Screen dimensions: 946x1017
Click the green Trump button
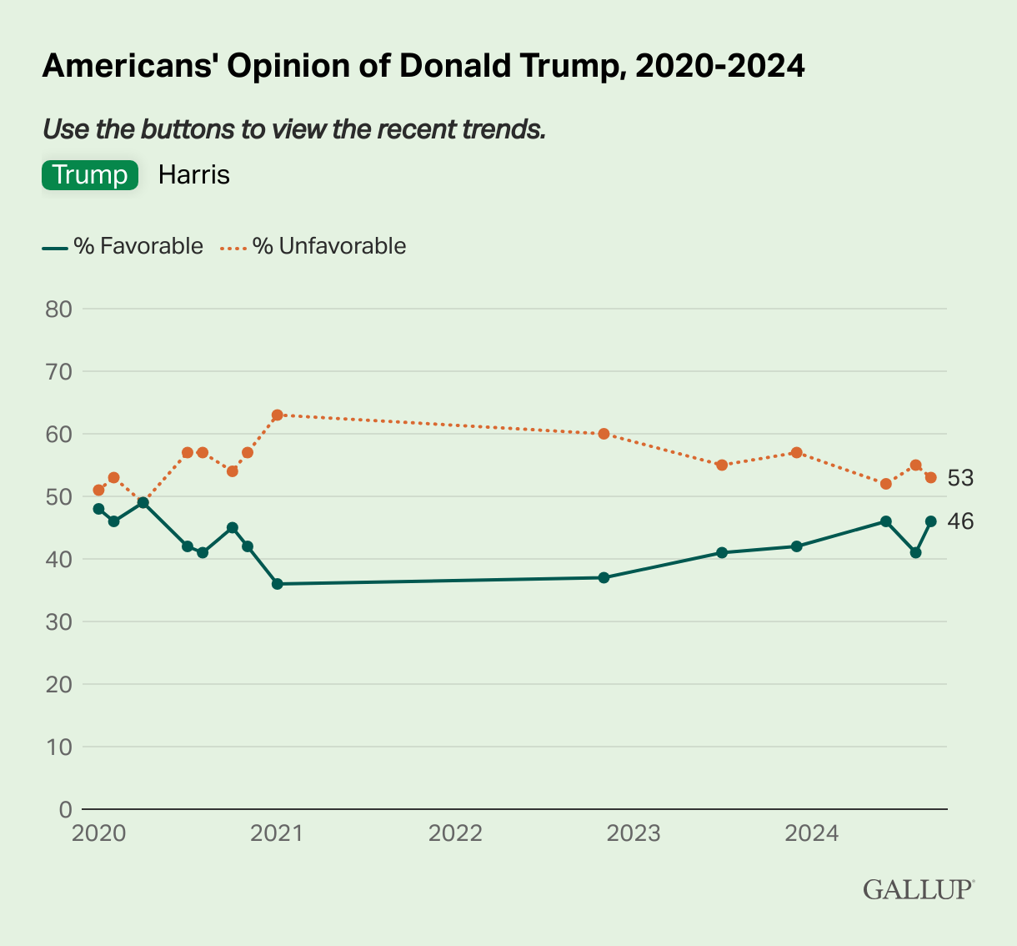click(x=90, y=175)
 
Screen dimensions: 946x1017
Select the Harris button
click(x=193, y=175)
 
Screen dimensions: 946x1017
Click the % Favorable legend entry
click(x=123, y=246)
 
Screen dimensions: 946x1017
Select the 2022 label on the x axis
click(x=455, y=833)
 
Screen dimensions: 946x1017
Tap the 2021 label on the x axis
click(x=277, y=833)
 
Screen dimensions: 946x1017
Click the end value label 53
click(x=960, y=478)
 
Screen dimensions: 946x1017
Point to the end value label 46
click(x=960, y=521)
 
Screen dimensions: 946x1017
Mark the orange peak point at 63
click(x=278, y=415)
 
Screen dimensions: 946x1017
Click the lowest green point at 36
click(x=278, y=584)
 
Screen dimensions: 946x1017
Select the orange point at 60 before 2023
click(x=604, y=434)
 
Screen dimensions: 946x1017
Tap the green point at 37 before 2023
click(x=604, y=577)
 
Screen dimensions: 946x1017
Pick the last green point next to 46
click(x=930, y=521)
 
